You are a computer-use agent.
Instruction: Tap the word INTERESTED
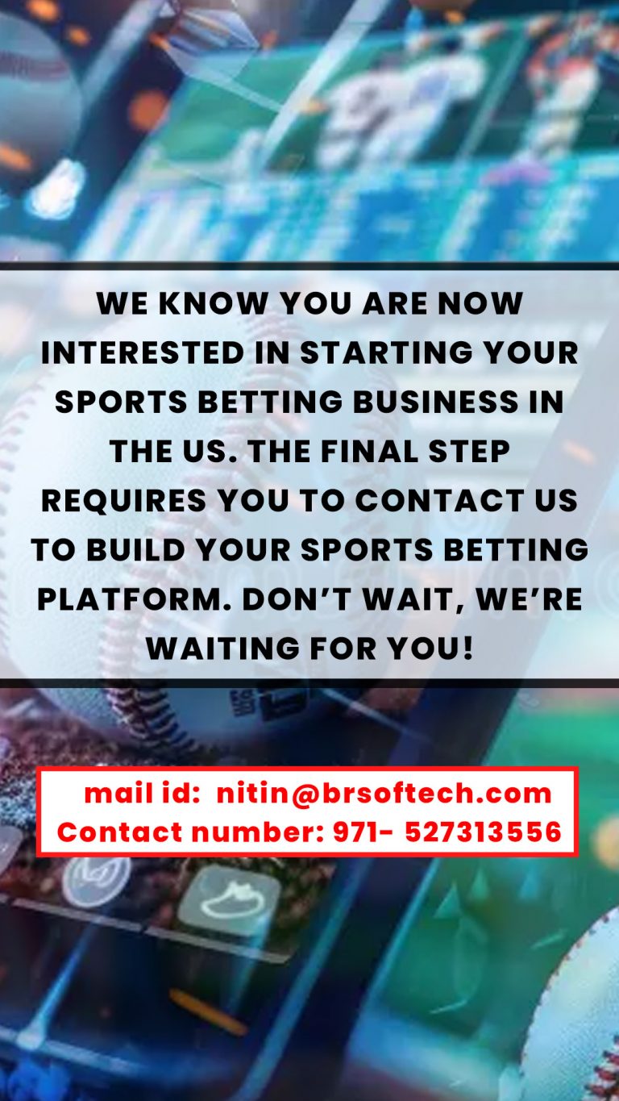coord(143,352)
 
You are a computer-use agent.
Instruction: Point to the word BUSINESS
coord(436,402)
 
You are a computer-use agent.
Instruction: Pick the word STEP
coord(469,451)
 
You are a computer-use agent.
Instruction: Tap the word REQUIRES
coord(124,500)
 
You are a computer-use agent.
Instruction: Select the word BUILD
coord(135,549)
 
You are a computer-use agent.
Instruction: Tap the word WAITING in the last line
coord(223,649)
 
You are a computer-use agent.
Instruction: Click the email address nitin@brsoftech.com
coord(384,793)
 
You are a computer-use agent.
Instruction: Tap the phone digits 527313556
coord(483,832)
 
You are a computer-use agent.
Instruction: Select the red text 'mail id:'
coord(142,793)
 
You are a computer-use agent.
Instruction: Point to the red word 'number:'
coord(257,832)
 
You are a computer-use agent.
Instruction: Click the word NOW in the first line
coord(480,303)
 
